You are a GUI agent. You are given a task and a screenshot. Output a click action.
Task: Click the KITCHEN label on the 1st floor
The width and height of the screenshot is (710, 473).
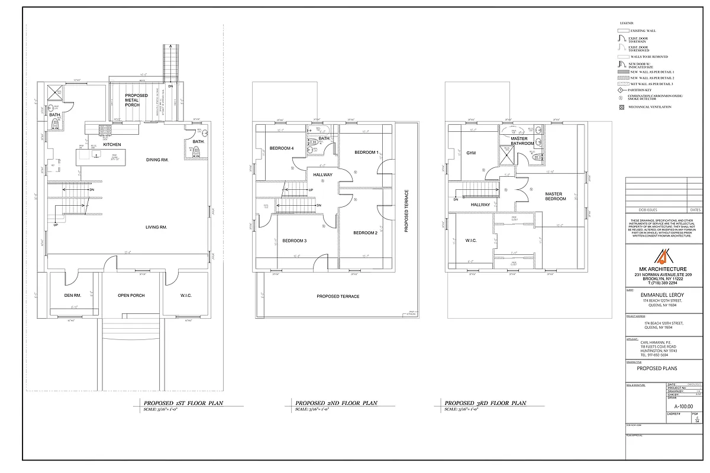click(112, 144)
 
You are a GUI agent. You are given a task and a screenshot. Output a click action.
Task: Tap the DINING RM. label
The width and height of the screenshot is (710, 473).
click(157, 160)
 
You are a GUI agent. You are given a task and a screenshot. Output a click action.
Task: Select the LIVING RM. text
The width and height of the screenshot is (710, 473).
click(157, 227)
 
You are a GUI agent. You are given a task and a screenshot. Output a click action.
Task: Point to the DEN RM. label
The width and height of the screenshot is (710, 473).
click(73, 296)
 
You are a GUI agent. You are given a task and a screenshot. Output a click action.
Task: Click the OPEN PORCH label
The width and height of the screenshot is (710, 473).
click(131, 296)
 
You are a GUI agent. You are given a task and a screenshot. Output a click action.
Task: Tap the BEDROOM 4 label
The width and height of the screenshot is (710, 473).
click(282, 148)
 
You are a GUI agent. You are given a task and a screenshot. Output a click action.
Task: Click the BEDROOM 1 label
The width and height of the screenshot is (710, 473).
click(366, 153)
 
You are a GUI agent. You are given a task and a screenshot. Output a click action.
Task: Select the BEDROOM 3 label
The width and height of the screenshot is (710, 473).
click(294, 241)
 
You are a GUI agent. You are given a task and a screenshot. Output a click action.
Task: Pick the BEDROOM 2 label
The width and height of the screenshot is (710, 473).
click(365, 233)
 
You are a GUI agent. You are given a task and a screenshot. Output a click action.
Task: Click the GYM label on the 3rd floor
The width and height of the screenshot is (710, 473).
click(470, 153)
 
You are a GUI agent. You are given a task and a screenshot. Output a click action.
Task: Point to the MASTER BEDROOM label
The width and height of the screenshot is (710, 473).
click(555, 196)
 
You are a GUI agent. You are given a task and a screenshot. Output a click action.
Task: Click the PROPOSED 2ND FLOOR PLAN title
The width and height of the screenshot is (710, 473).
click(336, 403)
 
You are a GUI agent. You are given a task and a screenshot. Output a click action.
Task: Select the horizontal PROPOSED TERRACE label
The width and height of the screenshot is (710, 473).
click(338, 296)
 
